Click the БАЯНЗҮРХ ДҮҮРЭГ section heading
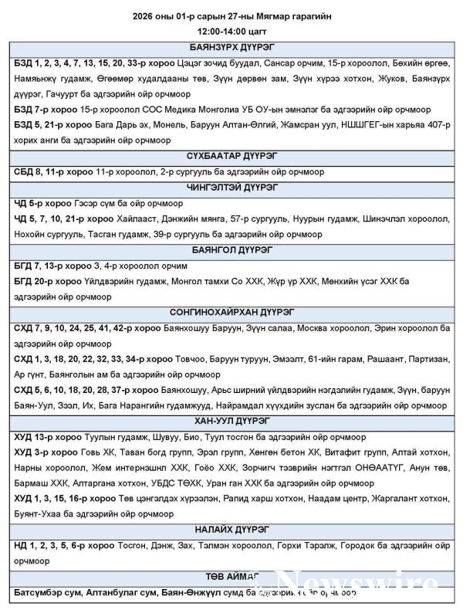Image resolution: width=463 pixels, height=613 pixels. pyautogui.click(x=231, y=46)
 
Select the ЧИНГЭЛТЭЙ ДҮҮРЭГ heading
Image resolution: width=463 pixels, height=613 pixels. pyautogui.click(x=231, y=188)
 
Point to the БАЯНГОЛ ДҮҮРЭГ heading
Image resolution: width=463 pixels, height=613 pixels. pyautogui.click(x=231, y=250)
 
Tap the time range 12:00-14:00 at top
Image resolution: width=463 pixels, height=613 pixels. pyautogui.click(x=231, y=32)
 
